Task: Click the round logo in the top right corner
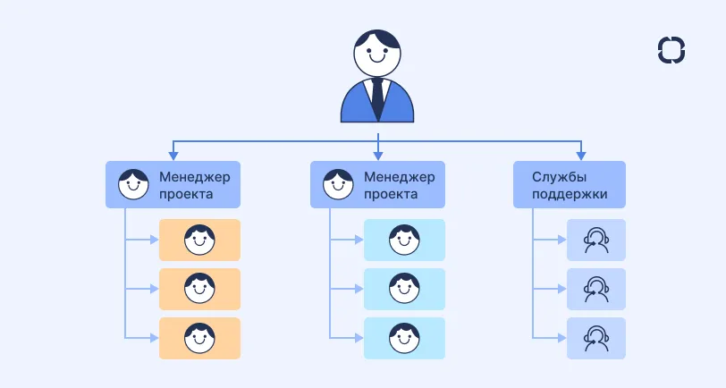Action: click(671, 50)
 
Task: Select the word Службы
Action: click(555, 176)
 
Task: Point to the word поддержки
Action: click(570, 193)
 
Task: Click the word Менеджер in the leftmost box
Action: click(194, 176)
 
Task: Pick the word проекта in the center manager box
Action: click(390, 193)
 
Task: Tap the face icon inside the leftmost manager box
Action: click(134, 184)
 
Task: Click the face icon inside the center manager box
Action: click(338, 184)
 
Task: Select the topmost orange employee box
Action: click(199, 240)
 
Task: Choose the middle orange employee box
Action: click(199, 289)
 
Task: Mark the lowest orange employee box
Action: click(199, 338)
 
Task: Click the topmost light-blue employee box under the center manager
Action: click(404, 240)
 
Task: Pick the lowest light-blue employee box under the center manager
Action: click(404, 338)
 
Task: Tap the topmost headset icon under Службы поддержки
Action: click(595, 240)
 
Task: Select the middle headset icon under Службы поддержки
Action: click(595, 289)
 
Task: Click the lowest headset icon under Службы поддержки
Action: click(595, 338)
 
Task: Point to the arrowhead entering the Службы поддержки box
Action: click(581, 156)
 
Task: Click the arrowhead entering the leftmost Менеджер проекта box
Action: click(173, 156)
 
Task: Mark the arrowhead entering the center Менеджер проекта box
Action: click(377, 156)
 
